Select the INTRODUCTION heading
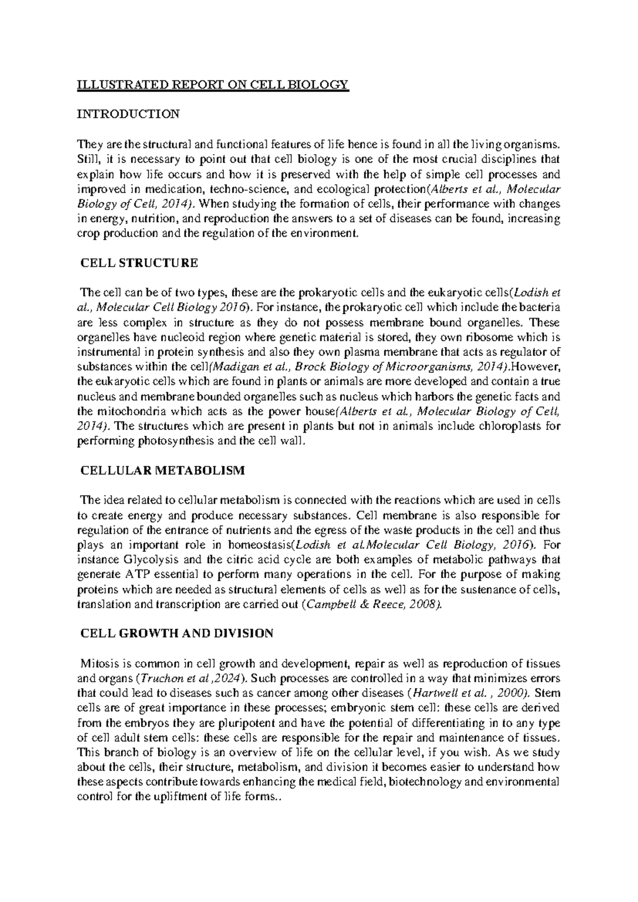tap(128, 114)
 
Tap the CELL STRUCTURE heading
tap(139, 263)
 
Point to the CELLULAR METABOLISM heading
tap(162, 470)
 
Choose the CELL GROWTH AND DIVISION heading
tap(177, 633)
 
